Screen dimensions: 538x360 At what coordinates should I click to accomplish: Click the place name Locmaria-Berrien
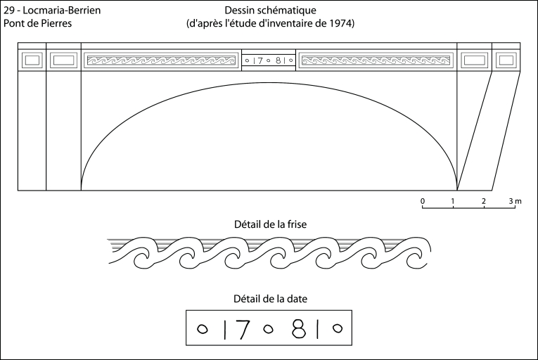coord(62,11)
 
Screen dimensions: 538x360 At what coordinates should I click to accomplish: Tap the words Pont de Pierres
coord(38,23)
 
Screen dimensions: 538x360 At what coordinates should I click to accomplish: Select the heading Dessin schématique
coord(270,11)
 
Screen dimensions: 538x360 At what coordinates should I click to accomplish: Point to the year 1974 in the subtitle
coord(341,23)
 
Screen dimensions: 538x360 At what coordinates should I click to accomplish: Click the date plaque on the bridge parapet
coord(269,60)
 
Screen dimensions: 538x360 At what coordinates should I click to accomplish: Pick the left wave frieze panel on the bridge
coord(161,60)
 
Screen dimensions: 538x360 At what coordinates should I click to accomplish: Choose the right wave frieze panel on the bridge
coord(376,60)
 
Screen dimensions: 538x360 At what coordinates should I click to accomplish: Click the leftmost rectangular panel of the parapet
coord(32,60)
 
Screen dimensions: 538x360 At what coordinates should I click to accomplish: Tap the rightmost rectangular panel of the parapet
coord(506,60)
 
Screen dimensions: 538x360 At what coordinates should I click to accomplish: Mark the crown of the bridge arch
coord(269,83)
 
